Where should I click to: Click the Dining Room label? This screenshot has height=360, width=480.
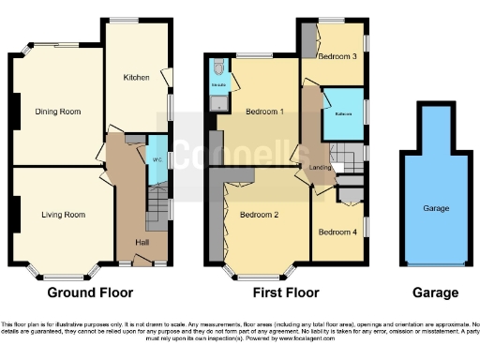pos(57,112)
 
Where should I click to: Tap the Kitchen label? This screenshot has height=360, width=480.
pos(137,78)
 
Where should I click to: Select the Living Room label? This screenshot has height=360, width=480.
pos(63,215)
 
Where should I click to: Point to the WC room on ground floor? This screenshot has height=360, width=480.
pos(157,157)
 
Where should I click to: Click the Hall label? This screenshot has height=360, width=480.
pos(142,243)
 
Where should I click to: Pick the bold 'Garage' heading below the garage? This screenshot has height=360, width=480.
pos(436,292)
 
